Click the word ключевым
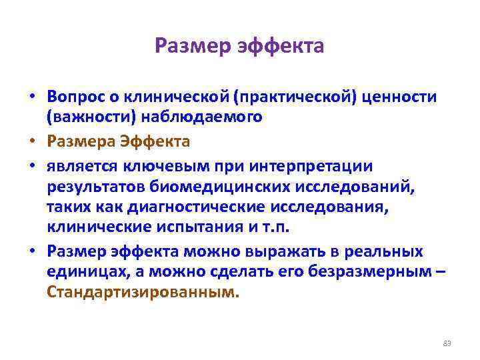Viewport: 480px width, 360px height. (158, 165)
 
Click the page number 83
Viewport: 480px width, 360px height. (447, 343)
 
